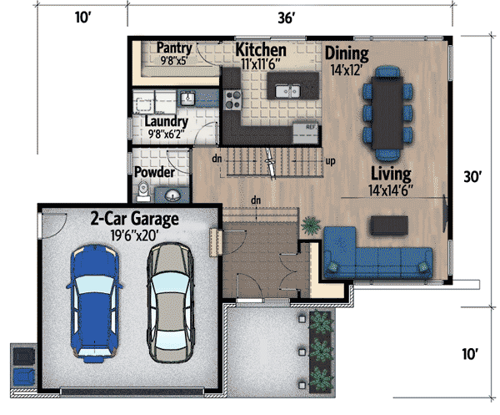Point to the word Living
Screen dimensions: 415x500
[x=392, y=174]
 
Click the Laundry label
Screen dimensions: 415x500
[x=167, y=121]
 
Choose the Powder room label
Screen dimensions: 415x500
[x=154, y=172]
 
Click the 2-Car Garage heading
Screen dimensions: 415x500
[x=135, y=220]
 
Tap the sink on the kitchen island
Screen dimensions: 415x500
[x=288, y=90]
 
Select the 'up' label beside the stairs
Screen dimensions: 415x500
[x=330, y=161]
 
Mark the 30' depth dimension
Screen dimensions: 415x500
[x=473, y=176]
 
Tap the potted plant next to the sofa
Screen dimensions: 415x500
[x=310, y=224]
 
